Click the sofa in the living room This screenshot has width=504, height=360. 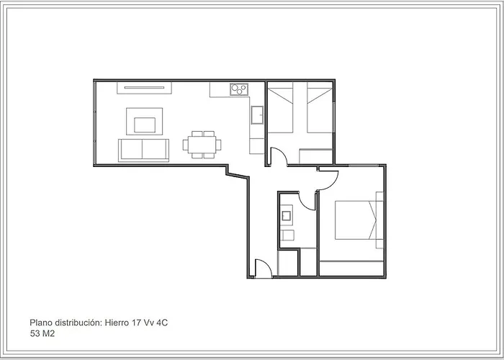[143, 150]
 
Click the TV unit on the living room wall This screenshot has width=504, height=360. [145, 89]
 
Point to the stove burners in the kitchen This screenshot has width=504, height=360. [238, 90]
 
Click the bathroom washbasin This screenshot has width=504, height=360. [287, 215]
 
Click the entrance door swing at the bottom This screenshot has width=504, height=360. [262, 268]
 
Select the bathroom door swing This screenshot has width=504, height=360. [307, 201]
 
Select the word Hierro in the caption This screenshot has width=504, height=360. [118, 323]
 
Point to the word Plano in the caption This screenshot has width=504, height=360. [41, 323]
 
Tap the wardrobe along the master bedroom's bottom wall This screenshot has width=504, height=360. [351, 268]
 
